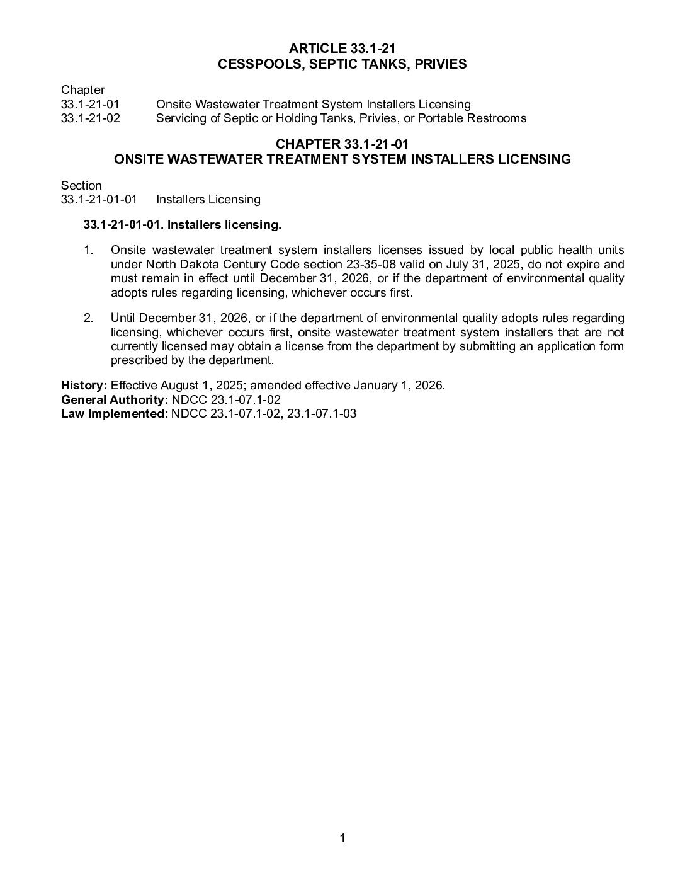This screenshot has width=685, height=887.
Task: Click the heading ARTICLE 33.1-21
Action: pyautogui.click(x=342, y=49)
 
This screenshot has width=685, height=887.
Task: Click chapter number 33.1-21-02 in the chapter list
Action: pyautogui.click(x=90, y=118)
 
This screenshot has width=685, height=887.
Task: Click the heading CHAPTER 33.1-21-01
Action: pyautogui.click(x=342, y=145)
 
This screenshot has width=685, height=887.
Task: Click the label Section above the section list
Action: pyautogui.click(x=81, y=185)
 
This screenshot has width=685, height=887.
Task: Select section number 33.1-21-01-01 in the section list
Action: pyautogui.click(x=99, y=200)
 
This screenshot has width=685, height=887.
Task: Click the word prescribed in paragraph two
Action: pyautogui.click(x=136, y=360)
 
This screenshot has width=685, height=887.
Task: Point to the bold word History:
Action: pyautogui.click(x=84, y=386)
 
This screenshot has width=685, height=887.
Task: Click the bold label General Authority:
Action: pyautogui.click(x=114, y=399)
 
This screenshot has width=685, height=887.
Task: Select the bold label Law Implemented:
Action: pyautogui.click(x=115, y=413)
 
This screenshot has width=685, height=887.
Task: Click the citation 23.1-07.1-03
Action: pyautogui.click(x=322, y=413)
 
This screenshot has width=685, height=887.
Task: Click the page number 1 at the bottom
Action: pyautogui.click(x=342, y=838)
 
